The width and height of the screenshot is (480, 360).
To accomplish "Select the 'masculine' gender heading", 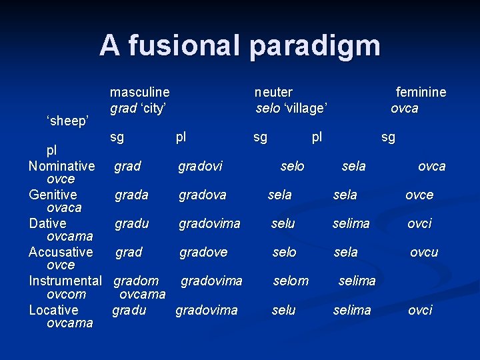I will point(139,92).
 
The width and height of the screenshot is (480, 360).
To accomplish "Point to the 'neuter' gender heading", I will point(273,92).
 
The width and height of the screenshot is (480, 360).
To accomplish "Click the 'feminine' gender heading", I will point(421,92).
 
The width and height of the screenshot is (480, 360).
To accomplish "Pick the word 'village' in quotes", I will point(305,108).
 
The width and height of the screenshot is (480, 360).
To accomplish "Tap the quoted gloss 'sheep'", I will point(67,121).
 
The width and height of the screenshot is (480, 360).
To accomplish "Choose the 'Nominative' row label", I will point(61,165).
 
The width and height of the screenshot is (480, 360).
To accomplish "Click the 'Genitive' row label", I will point(53,195).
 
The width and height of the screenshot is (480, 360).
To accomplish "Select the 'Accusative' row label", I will point(61,252).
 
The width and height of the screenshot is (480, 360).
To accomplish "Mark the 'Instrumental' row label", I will point(65,281).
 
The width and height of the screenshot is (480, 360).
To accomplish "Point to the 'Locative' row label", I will point(53,310).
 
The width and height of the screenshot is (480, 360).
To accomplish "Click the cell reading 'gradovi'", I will point(200,166).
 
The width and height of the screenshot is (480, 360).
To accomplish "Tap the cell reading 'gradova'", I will point(202,195).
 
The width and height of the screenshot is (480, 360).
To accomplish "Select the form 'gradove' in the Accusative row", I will point(203,252).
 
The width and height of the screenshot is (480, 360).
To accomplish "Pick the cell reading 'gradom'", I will point(136,281).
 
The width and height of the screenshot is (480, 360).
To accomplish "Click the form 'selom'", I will point(291,281).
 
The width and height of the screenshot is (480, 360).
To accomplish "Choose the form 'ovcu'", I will point(424,252).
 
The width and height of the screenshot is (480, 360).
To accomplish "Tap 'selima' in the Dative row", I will point(351,223).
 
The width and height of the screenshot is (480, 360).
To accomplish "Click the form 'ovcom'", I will point(67,294).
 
